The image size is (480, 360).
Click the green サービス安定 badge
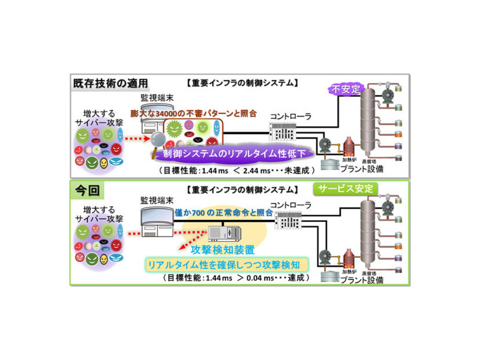346,189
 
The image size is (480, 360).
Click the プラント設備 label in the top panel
366,169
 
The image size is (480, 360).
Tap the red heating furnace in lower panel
349,255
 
